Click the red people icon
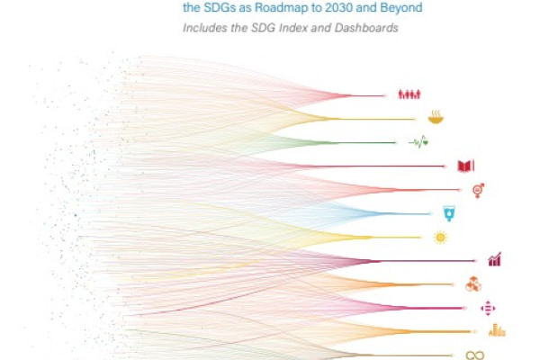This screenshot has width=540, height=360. (409, 94)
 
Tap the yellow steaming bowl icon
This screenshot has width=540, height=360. (434, 117)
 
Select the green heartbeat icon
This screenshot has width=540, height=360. (418, 141)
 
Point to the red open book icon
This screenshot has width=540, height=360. (465, 166)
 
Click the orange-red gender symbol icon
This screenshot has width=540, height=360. (478, 190)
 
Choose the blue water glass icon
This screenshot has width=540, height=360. (448, 213)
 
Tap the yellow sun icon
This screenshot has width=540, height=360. (439, 238)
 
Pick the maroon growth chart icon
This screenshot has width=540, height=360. (494, 260)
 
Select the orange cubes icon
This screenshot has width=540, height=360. (472, 284)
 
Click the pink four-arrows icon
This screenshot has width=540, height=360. (488, 308)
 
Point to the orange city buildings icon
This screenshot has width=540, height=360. (497, 330)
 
